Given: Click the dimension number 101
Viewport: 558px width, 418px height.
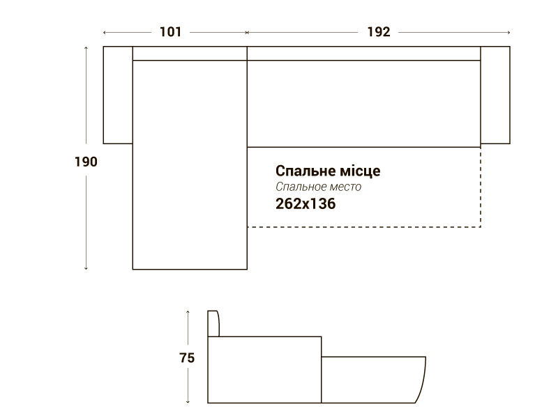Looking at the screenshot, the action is pyautogui.click(x=170, y=32).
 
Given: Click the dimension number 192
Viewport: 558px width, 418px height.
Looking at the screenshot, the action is pyautogui.click(x=379, y=32).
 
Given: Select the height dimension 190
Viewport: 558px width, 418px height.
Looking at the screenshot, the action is pyautogui.click(x=86, y=162).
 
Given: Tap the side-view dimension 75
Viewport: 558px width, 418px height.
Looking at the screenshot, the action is pyautogui.click(x=187, y=357).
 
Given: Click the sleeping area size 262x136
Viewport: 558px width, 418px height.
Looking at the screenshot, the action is pyautogui.click(x=306, y=203).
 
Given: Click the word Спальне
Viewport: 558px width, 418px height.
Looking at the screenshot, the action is pyautogui.click(x=306, y=171).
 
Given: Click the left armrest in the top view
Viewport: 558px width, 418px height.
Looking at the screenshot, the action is pyautogui.click(x=118, y=95).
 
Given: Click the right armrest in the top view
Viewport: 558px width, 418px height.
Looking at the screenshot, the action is pyautogui.click(x=495, y=95).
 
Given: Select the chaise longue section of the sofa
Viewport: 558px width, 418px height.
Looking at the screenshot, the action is pyautogui.click(x=190, y=165).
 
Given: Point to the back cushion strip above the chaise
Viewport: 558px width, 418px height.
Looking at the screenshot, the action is pyautogui.click(x=190, y=54).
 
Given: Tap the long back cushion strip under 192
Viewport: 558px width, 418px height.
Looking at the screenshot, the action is pyautogui.click(x=363, y=54).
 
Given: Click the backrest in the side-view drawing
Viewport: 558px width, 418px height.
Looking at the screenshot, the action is pyautogui.click(x=213, y=323).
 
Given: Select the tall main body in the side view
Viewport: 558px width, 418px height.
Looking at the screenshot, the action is pyautogui.click(x=264, y=370).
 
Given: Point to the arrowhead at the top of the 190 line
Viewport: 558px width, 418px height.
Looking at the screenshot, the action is pyautogui.click(x=86, y=47).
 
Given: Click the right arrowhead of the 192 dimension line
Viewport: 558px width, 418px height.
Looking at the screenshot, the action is pyautogui.click(x=509, y=32).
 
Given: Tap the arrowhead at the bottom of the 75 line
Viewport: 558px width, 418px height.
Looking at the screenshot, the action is pyautogui.click(x=188, y=402).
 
